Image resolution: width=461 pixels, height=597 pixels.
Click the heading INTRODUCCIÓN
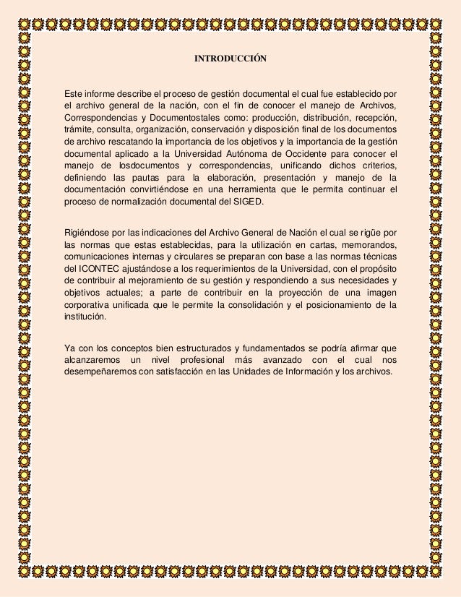(x=231, y=57)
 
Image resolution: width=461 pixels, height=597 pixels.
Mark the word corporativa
(x=87, y=305)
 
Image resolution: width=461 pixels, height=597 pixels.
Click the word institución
(x=85, y=317)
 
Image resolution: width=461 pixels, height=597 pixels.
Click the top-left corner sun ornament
(x=24, y=22)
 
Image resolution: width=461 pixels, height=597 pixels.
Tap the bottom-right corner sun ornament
(x=436, y=572)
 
